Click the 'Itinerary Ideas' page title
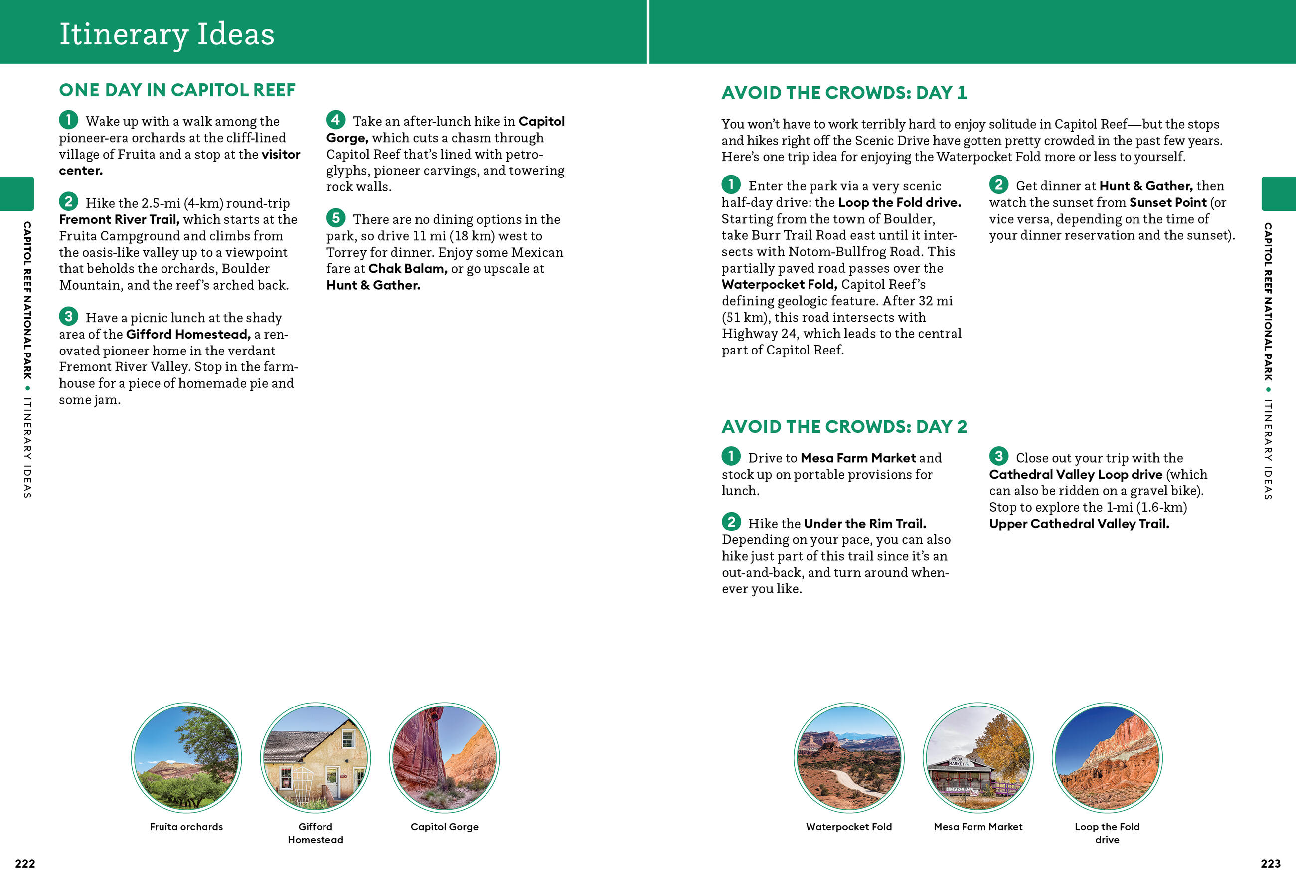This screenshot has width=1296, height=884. pos(167,34)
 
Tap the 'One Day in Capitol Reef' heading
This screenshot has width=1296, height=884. pos(177,90)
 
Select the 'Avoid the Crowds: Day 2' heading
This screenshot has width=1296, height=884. pos(844,427)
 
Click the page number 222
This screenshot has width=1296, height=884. pos(25,864)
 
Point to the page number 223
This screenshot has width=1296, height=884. pos(1271,864)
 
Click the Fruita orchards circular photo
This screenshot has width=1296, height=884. pos(186,757)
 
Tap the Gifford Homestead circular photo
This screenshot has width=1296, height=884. pos(315,757)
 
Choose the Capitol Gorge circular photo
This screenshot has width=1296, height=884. pos(445,757)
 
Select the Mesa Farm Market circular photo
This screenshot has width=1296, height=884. pos(977,757)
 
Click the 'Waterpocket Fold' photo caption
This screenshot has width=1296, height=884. pos(849,827)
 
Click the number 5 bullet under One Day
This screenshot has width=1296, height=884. pos(335,217)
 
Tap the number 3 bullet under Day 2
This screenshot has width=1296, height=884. pos(998,456)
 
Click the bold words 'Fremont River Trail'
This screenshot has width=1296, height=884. pos(119,220)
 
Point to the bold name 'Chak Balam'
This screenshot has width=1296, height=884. pos(407,269)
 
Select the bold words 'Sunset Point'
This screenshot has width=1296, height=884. pos(1168,202)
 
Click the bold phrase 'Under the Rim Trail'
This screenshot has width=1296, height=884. pos(864,524)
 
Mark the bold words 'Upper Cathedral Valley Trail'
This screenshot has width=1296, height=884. pos(1079,524)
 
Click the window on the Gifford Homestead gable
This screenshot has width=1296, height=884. pos(348,738)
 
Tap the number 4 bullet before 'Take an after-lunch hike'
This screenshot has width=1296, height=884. pos(335,119)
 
